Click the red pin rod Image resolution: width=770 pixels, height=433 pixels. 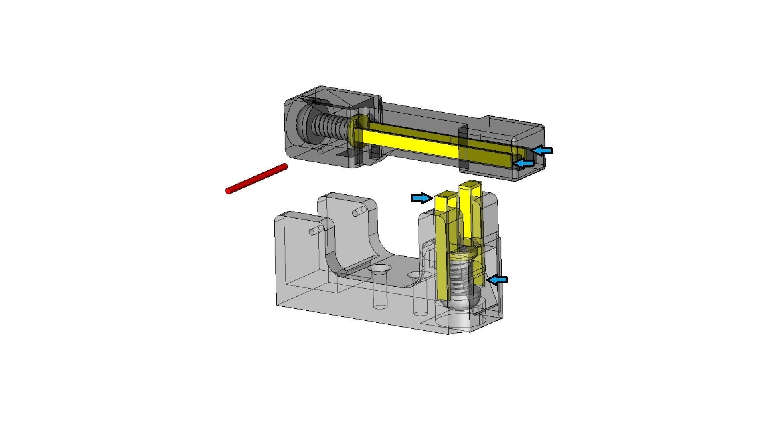tap(257, 179)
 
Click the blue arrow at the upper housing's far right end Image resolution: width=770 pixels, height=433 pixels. tap(543, 151)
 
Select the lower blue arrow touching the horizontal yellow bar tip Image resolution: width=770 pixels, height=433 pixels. tap(525, 163)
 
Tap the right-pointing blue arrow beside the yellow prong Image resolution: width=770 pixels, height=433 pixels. tap(421, 198)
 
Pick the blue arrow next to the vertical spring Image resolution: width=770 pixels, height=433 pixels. tap(497, 280)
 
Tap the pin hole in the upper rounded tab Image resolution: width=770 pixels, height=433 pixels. tap(359, 211)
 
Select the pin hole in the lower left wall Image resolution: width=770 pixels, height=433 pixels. tap(316, 231)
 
